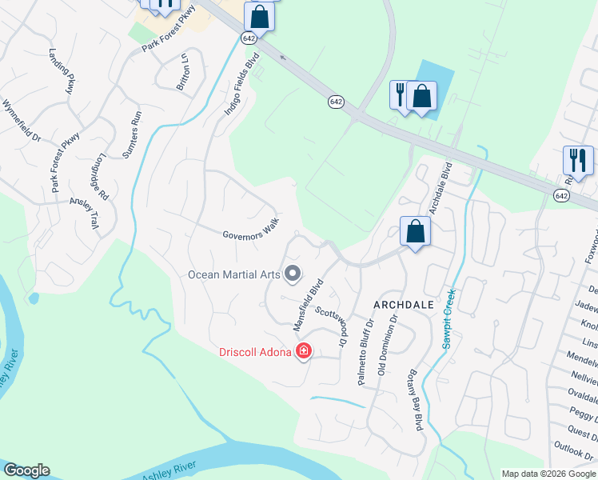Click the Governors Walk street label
pos(250,229)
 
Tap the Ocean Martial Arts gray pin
pos(293,274)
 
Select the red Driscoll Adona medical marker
pos(304,351)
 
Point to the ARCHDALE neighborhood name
pos(404,305)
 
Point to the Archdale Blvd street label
pos(441,189)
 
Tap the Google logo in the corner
pos(26,470)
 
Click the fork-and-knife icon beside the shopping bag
pos(399,94)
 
